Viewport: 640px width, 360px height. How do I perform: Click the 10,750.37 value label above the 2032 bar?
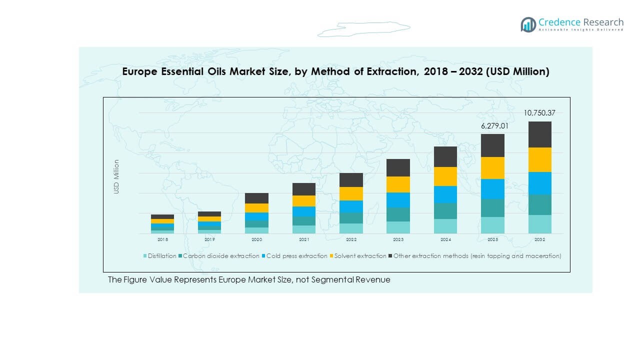539,113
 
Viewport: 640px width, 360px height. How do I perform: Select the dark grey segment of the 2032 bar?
539,134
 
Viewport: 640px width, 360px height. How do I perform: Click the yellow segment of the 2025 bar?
492,168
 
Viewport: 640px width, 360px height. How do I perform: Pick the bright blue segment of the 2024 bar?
445,194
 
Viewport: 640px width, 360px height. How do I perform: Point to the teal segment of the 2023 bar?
398,214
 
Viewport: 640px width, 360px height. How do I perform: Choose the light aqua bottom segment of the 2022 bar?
351,228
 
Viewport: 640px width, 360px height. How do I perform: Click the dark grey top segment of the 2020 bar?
256,198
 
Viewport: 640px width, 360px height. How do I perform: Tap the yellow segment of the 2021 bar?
303,201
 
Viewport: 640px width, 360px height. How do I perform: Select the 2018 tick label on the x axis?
162,240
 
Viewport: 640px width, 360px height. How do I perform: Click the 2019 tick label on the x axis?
209,240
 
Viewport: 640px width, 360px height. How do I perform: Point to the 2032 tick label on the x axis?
539,240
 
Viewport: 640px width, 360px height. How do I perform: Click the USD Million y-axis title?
116,176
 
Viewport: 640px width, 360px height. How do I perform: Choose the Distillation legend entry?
161,256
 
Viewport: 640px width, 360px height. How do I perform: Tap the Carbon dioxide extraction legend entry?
221,256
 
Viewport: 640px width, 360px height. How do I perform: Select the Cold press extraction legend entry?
296,256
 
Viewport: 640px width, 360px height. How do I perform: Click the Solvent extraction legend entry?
360,256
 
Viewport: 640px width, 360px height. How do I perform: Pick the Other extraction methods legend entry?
477,256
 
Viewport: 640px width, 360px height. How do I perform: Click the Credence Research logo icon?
528,24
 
